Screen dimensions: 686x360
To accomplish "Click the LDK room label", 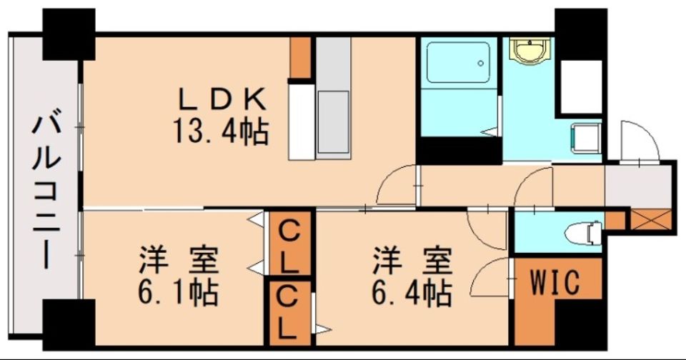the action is [x=222, y=100].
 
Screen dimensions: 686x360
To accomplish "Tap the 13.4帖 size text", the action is [x=221, y=131].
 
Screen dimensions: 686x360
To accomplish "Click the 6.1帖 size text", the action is [x=178, y=293].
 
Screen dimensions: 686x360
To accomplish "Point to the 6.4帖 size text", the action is [x=412, y=293].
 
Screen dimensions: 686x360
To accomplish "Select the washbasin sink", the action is [x=530, y=51].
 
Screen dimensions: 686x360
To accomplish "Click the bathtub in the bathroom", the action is [x=458, y=62].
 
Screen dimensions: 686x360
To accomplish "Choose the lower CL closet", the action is [x=289, y=313].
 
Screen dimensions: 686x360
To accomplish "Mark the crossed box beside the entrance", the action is [x=650, y=219].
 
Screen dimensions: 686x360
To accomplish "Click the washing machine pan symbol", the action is [x=586, y=139].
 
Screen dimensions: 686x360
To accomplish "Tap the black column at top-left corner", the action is [x=69, y=34].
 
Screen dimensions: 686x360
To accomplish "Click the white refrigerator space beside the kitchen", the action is [x=302, y=121].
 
